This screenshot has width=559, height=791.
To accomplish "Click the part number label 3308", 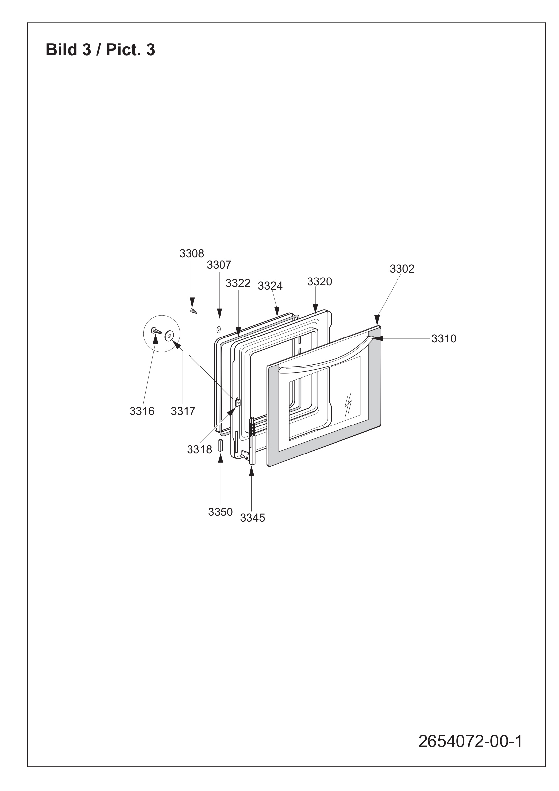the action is click(191, 253).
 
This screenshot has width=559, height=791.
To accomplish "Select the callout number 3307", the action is click(219, 265).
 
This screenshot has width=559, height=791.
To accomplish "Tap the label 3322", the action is click(238, 283).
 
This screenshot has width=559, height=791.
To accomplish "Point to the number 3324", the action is click(270, 286).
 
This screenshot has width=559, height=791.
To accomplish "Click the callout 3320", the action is click(320, 282).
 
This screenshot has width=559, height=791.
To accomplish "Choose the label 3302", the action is click(402, 269).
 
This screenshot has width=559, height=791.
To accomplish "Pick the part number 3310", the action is click(444, 339).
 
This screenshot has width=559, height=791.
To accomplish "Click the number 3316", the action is click(142, 411).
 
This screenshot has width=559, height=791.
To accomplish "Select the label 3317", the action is click(183, 411).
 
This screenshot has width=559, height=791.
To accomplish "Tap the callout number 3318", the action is click(199, 449).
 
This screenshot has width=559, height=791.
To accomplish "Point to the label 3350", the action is click(221, 512).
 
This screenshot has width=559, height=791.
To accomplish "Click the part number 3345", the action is click(252, 518).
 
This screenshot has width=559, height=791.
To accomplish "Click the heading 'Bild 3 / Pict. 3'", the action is click(101, 50).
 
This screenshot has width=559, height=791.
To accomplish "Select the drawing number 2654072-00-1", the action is click(470, 741).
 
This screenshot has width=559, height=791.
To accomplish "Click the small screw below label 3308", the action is click(193, 311).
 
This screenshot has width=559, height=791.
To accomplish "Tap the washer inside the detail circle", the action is click(169, 336).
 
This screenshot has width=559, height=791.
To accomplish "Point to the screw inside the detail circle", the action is click(156, 331).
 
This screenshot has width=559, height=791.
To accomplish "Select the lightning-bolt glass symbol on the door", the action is click(348, 404).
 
